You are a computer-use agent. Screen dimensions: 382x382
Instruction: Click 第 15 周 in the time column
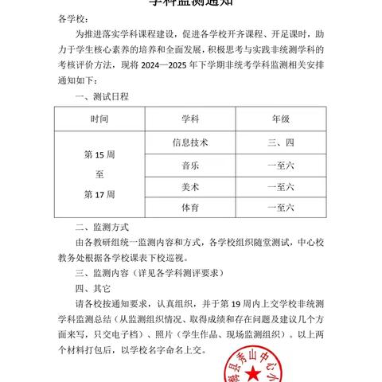99,152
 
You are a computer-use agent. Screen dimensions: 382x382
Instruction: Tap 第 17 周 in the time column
99,194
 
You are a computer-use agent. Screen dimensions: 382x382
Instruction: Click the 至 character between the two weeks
99,173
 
